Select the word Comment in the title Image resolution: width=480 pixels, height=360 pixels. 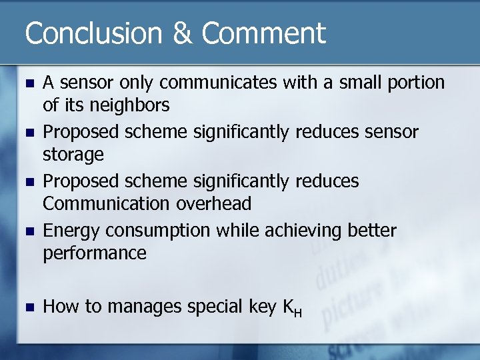pos(263,33)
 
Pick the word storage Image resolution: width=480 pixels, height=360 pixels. pos(73,155)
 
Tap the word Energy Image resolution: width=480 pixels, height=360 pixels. pos(69,231)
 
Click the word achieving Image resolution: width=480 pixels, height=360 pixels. pos(303,231)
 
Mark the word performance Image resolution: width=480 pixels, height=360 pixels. pos(95,253)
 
